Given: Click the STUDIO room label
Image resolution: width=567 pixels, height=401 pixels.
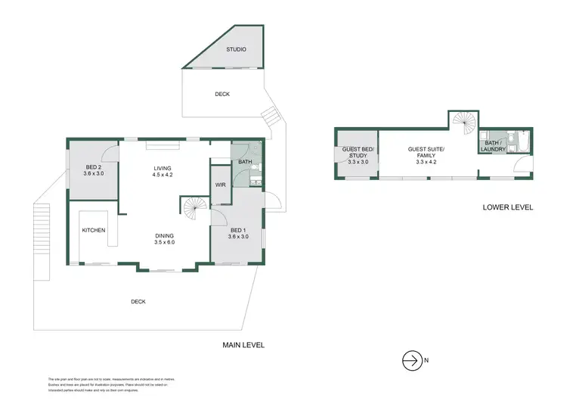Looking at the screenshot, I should click(x=236, y=50).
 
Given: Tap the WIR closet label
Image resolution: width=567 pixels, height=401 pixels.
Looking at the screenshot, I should click(x=221, y=185).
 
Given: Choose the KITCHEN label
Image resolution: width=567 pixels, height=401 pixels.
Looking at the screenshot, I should click(x=94, y=230).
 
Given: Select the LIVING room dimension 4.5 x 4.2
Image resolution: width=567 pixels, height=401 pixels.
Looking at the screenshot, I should click(x=163, y=174).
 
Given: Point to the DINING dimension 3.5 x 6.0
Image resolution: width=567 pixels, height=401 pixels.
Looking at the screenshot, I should click(x=164, y=242).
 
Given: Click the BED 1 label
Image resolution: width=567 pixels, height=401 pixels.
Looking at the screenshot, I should click(x=237, y=230).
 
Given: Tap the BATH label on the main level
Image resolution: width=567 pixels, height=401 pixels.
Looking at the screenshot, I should click(x=245, y=162).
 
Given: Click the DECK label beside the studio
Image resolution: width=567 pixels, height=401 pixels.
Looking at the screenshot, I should click(x=222, y=95).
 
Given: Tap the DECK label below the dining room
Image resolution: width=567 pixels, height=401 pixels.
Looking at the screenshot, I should click(x=138, y=301).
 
